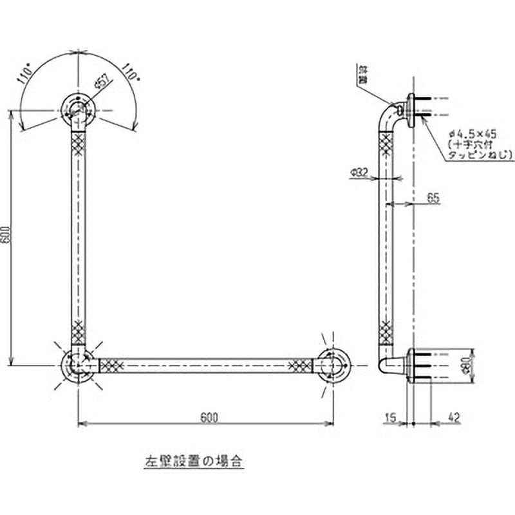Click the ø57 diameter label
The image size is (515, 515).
[101, 82]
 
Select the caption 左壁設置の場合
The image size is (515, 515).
[193, 461]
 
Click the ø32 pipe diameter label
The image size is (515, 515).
[360, 172]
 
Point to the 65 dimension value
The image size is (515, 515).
[432, 198]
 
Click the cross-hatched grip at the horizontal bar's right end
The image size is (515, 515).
[301, 366]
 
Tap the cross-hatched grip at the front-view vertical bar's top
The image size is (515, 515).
[79, 144]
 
